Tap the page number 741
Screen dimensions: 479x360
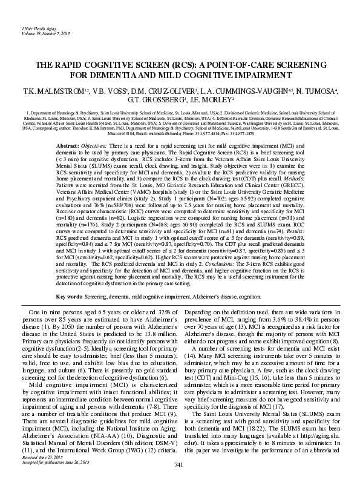(x=178, y=464)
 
